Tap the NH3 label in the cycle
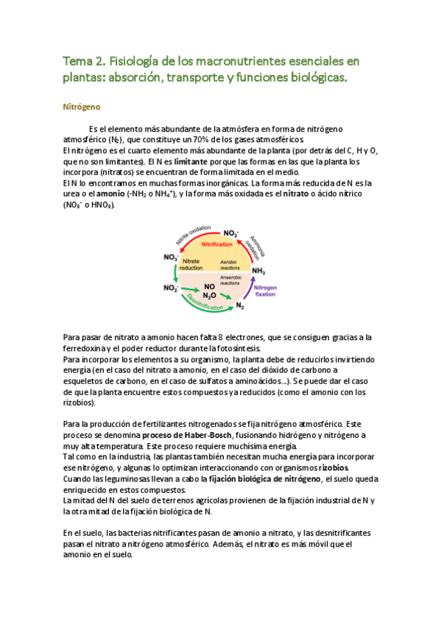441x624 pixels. tap(258, 271)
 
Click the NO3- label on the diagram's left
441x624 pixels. tap(171, 257)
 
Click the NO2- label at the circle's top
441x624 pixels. tap(231, 233)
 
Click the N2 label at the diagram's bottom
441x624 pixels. tap(239, 305)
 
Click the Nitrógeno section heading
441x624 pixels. tap(80, 107)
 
